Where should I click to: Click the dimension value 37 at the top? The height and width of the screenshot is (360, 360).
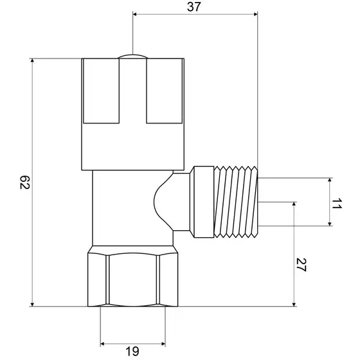(x=194, y=7)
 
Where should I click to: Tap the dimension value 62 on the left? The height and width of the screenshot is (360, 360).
(x=25, y=183)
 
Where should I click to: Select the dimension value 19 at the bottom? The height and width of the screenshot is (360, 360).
(x=132, y=351)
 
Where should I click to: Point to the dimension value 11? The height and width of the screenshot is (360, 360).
(x=337, y=204)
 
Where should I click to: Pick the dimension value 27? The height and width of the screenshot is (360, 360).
(x=301, y=265)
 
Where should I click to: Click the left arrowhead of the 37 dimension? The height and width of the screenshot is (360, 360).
(x=135, y=14)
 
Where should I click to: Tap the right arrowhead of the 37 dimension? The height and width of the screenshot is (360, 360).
(x=255, y=14)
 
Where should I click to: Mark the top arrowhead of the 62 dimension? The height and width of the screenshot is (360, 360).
(x=32, y=60)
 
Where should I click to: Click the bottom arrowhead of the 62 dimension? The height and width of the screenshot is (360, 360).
(x=32, y=304)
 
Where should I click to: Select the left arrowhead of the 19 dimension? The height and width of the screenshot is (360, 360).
(x=103, y=344)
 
